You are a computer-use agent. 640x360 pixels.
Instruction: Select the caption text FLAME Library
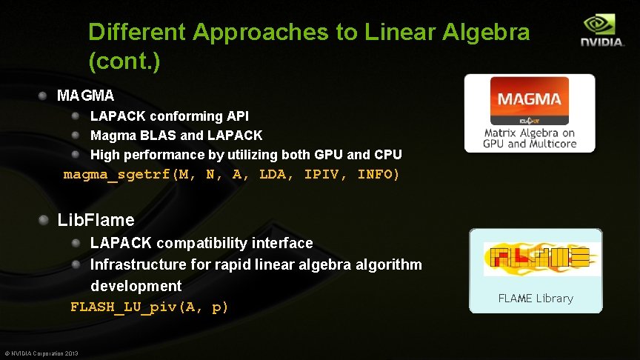535,299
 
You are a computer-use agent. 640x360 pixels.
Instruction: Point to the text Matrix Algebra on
529,133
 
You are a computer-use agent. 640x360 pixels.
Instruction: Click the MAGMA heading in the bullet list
85,96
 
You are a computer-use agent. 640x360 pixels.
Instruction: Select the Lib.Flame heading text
96,220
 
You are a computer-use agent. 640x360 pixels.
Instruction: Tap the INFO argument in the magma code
378,175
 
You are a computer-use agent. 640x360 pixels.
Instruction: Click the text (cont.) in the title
123,61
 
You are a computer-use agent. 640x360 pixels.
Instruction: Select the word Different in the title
137,33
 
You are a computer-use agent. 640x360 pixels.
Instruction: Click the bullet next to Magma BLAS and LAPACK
76,136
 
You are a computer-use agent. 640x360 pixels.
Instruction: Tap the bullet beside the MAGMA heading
44,96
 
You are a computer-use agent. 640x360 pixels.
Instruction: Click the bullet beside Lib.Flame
44,220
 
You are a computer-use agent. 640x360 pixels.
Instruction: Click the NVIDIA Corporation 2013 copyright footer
41,353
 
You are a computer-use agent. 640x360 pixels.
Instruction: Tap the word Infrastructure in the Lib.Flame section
135,264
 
